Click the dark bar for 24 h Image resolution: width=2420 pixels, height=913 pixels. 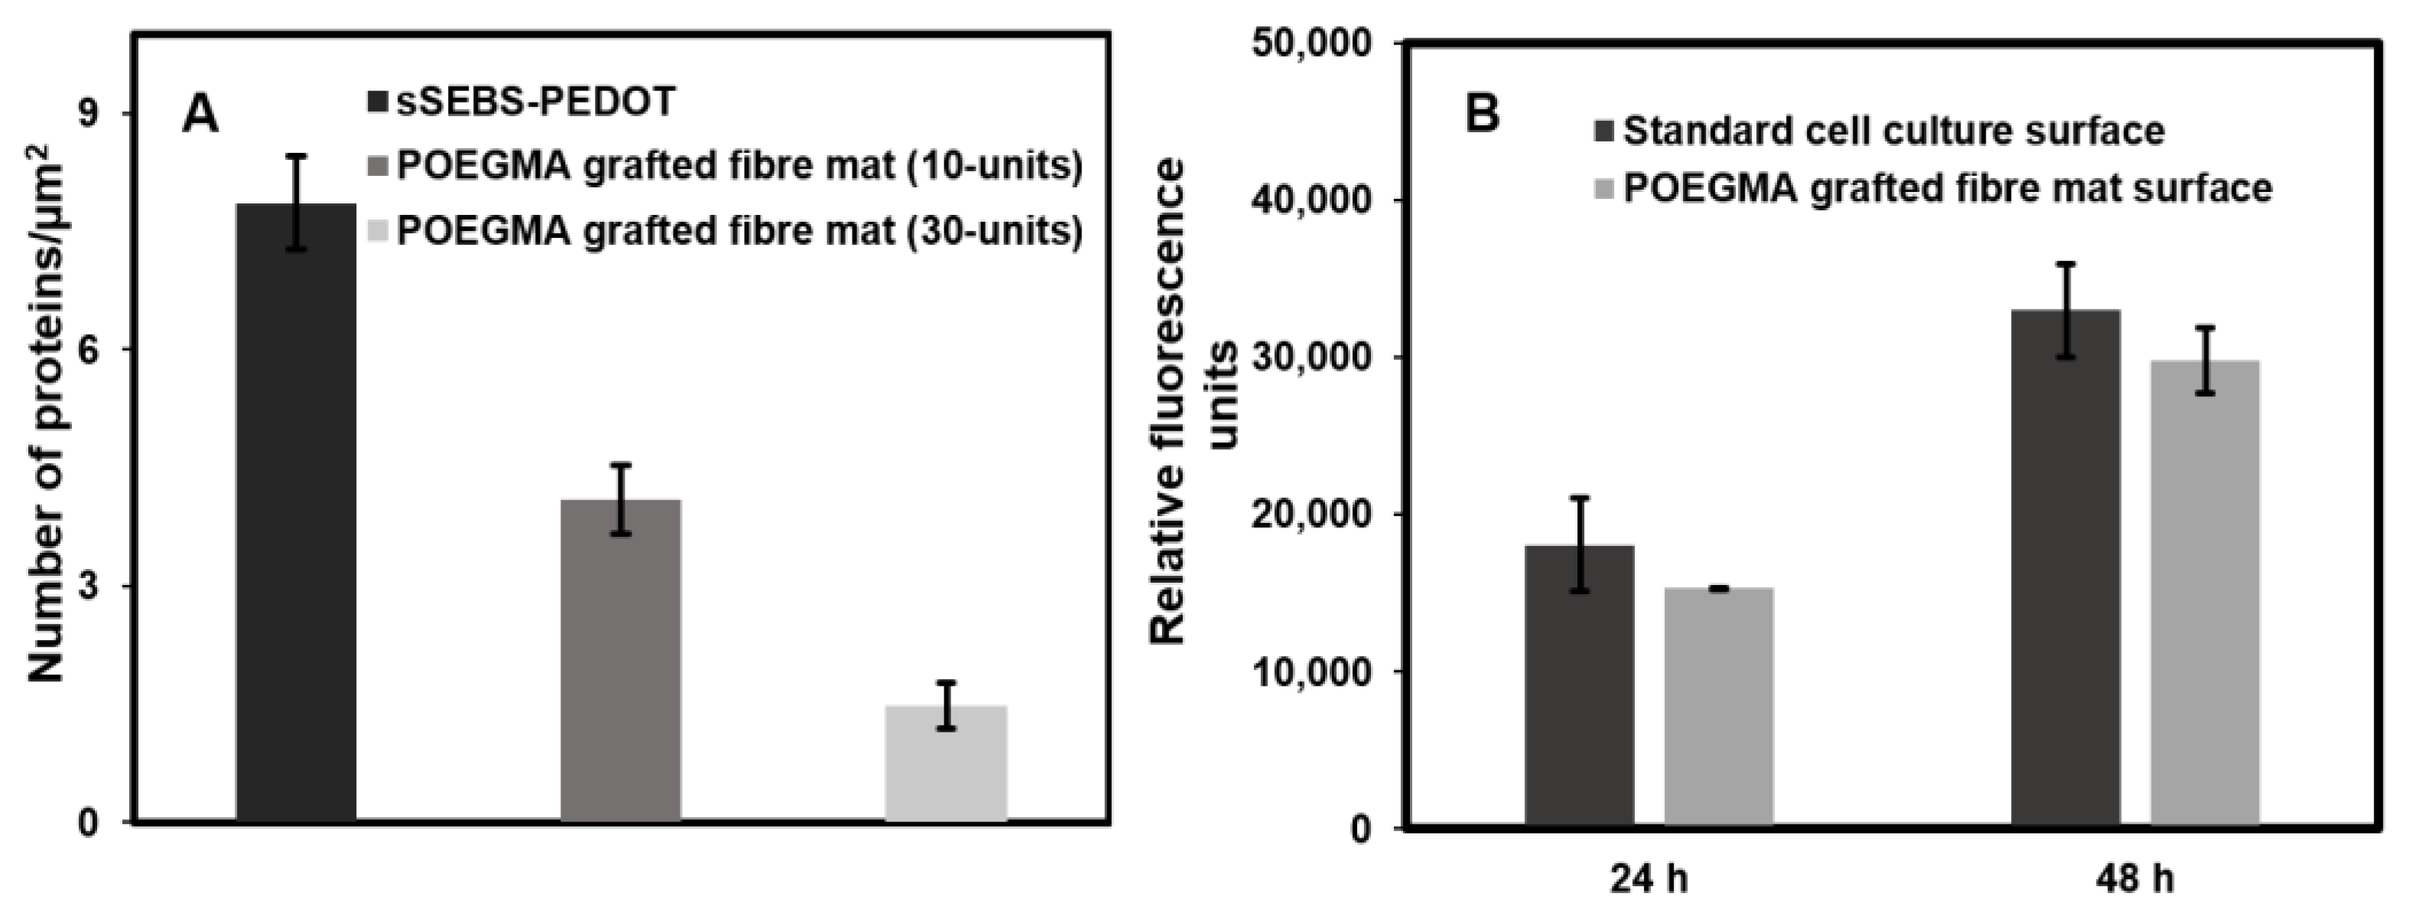click(1579, 686)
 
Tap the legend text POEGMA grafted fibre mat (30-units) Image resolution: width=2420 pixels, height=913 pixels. click(739, 230)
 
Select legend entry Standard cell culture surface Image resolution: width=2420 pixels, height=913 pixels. click(1893, 131)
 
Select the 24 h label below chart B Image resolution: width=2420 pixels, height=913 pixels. click(1649, 879)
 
